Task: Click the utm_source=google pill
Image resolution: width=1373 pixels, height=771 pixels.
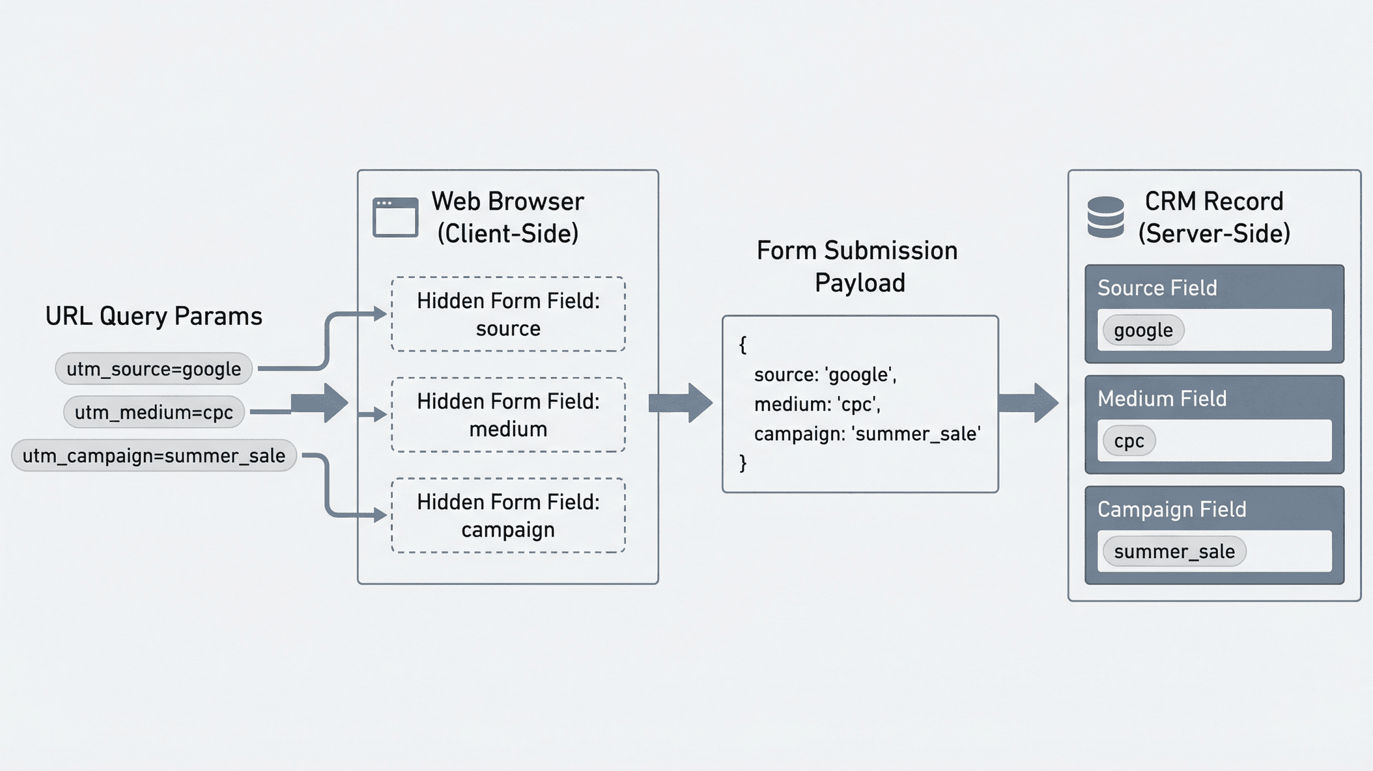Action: coord(154,369)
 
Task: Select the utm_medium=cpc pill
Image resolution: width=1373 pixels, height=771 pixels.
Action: coord(154,412)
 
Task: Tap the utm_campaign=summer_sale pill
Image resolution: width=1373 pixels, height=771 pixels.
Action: coord(154,456)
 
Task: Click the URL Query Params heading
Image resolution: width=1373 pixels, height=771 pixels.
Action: coord(154,316)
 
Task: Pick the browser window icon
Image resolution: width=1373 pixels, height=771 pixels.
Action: coord(395,217)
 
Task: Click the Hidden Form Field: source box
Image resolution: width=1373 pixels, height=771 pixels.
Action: coord(508,315)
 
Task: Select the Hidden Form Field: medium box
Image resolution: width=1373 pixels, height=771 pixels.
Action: coord(508,415)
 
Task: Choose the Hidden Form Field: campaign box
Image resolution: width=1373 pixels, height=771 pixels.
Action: coord(508,516)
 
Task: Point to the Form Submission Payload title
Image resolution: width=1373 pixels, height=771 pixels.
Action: coord(858,266)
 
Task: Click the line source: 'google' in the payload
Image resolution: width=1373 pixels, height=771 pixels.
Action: coord(825,375)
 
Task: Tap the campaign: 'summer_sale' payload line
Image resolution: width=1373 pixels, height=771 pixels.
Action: coord(867,434)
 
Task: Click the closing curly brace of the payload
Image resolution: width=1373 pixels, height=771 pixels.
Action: coord(743,463)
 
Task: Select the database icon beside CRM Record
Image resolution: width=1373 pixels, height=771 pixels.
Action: coord(1105,217)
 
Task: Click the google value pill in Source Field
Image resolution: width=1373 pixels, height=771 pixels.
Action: coord(1143,331)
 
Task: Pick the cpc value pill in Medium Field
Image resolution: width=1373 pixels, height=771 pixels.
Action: coord(1129,442)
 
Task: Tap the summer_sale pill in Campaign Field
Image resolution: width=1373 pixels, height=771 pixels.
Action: coord(1174,552)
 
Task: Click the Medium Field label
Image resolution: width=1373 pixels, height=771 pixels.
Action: coord(1162,399)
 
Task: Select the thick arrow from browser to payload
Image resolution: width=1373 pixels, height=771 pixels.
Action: coord(681,403)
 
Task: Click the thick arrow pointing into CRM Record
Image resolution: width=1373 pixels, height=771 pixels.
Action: coord(1028,403)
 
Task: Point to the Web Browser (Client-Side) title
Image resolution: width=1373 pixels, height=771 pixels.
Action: coord(507,217)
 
